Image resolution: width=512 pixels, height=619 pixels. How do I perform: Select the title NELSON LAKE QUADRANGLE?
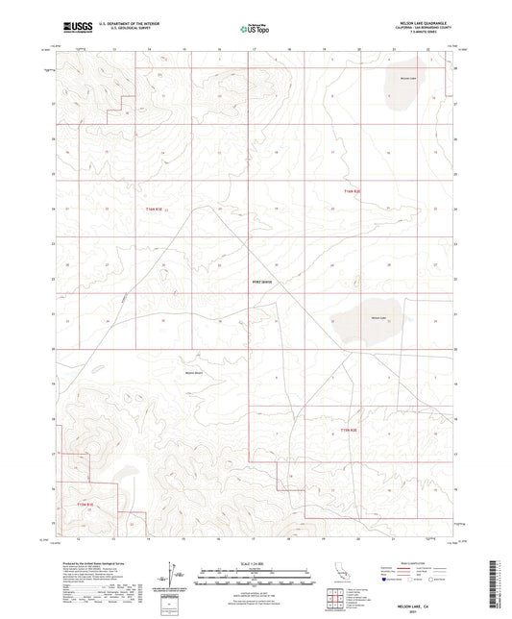point(422,21)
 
